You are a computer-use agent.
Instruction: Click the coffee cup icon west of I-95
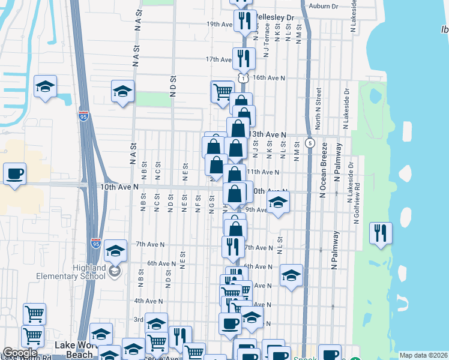15,173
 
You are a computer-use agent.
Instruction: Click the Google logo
20,353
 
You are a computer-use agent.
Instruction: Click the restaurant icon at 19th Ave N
244,20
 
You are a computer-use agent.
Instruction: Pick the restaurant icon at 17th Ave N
244,58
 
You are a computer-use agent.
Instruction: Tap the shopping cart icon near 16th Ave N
222,92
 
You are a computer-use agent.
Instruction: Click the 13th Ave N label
269,135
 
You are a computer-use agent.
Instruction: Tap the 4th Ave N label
148,301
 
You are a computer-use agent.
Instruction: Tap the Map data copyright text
423,355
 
